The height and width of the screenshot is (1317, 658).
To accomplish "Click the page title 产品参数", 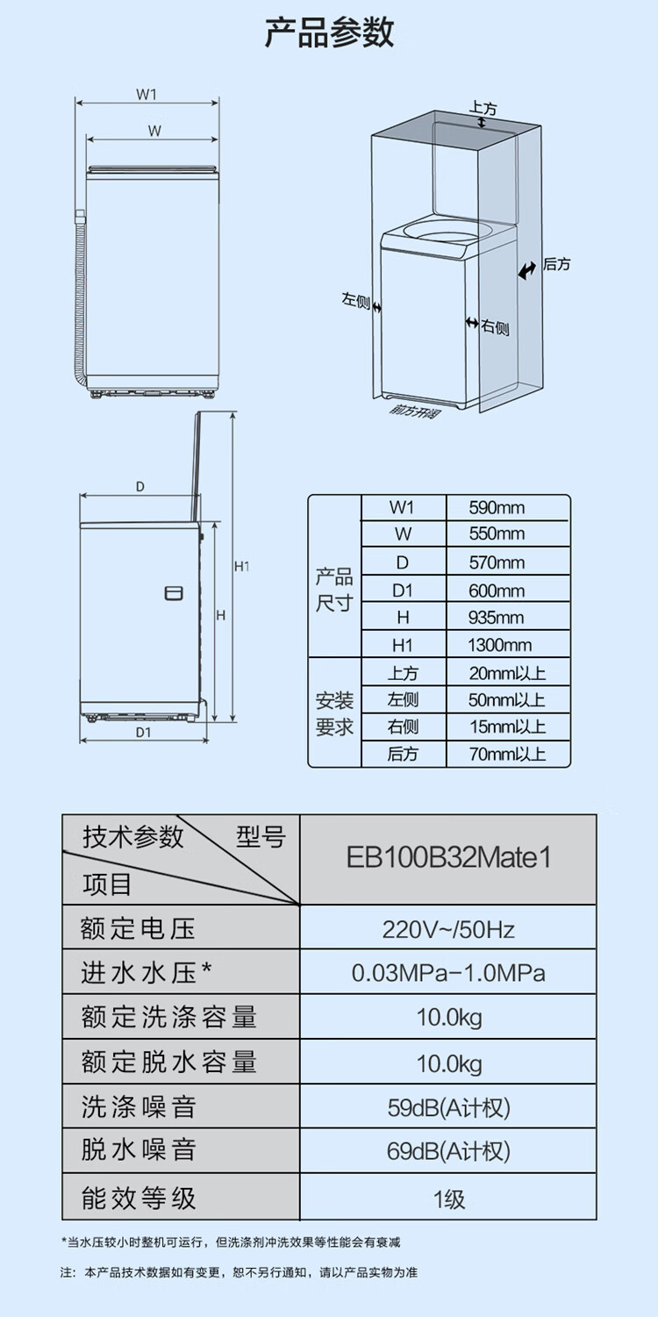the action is point(329,32).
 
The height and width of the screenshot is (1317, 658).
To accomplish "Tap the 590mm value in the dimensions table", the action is point(497,507).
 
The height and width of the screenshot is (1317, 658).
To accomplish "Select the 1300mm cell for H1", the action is point(500,645).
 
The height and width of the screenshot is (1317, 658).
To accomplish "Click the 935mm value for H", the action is point(497,618).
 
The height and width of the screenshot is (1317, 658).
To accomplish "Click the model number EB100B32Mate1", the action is point(448,857).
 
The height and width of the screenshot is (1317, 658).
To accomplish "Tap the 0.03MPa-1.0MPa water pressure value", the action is point(448,972).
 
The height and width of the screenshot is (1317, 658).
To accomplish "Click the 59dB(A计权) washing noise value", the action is point(448,1107).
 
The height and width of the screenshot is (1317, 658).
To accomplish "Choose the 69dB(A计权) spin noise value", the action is point(448,1151).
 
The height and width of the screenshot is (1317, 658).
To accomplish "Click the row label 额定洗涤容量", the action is point(169,1017).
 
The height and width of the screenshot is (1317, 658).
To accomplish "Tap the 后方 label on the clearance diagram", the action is point(556,264).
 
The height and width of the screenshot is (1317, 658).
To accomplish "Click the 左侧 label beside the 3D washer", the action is point(356,300).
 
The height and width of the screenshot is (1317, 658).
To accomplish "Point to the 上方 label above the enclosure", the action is point(483,109).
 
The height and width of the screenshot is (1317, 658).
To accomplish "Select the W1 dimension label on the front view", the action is point(147,94).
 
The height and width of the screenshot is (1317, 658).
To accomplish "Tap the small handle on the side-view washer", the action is point(174,593).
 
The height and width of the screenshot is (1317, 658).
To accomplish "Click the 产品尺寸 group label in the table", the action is point(334,591).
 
